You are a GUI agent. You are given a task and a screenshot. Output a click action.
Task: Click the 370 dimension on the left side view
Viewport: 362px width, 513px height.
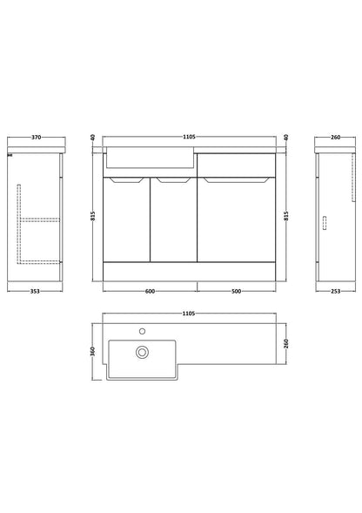[x=36, y=138]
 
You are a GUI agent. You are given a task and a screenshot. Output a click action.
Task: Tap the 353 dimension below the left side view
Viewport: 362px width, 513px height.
[x=35, y=291]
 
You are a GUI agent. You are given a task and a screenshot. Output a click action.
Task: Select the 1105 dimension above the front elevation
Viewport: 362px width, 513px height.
[x=189, y=137]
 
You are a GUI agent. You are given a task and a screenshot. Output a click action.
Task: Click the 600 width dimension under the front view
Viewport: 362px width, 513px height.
[x=150, y=291]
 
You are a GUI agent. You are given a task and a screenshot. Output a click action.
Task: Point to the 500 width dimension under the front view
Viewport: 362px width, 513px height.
[x=236, y=291]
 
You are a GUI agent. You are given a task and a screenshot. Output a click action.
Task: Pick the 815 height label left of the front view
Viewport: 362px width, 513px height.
[x=93, y=216]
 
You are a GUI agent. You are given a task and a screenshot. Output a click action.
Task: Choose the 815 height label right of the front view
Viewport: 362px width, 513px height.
[x=286, y=216]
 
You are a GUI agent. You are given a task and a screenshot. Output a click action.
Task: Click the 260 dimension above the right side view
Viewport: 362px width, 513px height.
[x=336, y=138]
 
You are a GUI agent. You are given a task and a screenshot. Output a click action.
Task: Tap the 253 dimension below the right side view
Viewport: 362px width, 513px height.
[x=336, y=291]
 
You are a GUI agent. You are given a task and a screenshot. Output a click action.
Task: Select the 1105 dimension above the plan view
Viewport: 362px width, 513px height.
[x=189, y=314]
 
